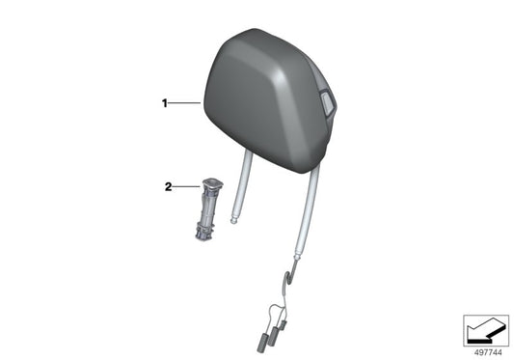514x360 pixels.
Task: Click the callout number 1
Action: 165,103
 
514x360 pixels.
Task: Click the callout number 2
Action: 168,187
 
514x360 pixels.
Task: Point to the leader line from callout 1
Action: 185,103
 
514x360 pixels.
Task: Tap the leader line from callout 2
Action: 186,187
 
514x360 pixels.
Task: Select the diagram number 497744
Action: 488,353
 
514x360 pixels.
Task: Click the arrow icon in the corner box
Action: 486,329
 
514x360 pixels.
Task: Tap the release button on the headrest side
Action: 327,102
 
